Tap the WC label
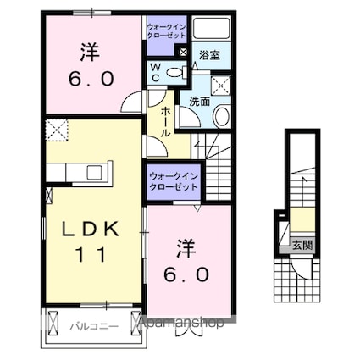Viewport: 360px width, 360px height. coord(158,72)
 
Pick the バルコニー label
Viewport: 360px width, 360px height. coord(90,324)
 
